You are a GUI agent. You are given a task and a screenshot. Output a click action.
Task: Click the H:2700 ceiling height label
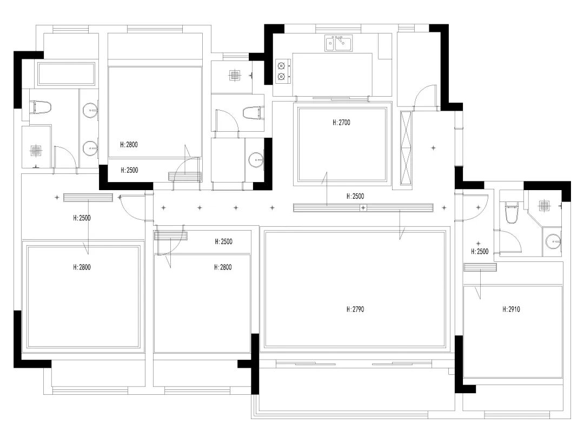pyautogui.click(x=341, y=123)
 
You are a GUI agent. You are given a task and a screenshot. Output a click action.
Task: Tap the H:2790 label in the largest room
pyautogui.click(x=355, y=309)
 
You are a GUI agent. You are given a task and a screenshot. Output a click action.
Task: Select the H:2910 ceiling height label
pyautogui.click(x=511, y=309)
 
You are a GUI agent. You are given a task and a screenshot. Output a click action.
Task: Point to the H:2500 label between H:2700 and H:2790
pyautogui.click(x=355, y=196)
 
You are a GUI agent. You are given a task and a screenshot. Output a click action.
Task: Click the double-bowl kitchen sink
pyautogui.click(x=339, y=43)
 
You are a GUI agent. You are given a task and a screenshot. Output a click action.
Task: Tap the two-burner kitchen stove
pyautogui.click(x=283, y=71)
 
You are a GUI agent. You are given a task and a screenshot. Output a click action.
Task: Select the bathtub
pyautogui.click(x=67, y=73)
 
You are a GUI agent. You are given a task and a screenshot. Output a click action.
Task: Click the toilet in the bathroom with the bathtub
pyautogui.click(x=40, y=107)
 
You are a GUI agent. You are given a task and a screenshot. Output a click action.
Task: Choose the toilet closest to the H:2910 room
pyautogui.click(x=512, y=212)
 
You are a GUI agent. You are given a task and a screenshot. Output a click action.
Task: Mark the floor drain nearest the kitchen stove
pyautogui.click(x=234, y=75)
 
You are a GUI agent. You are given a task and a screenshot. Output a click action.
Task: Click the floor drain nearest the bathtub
pyautogui.click(x=36, y=150)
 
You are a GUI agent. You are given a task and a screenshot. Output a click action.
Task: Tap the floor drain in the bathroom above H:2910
pyautogui.click(x=544, y=205)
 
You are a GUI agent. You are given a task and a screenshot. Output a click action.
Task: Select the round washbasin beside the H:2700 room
pyautogui.click(x=256, y=160)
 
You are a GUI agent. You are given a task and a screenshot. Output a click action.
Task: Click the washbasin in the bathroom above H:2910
pyautogui.click(x=553, y=241)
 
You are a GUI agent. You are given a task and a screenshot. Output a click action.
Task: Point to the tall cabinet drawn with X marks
pyautogui.click(x=406, y=148)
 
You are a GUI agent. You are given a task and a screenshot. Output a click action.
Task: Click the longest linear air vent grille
pyautogui.click(x=363, y=207)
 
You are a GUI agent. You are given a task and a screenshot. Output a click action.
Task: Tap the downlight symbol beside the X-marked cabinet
pyautogui.click(x=433, y=148)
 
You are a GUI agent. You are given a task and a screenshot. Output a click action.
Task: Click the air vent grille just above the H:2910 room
pyautogui.click(x=480, y=267)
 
